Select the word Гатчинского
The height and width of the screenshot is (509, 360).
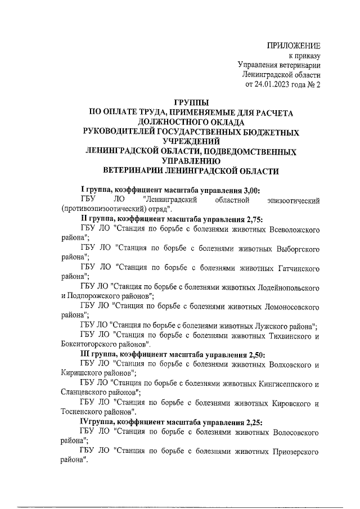(295, 267)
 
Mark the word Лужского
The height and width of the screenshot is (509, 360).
(268, 326)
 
